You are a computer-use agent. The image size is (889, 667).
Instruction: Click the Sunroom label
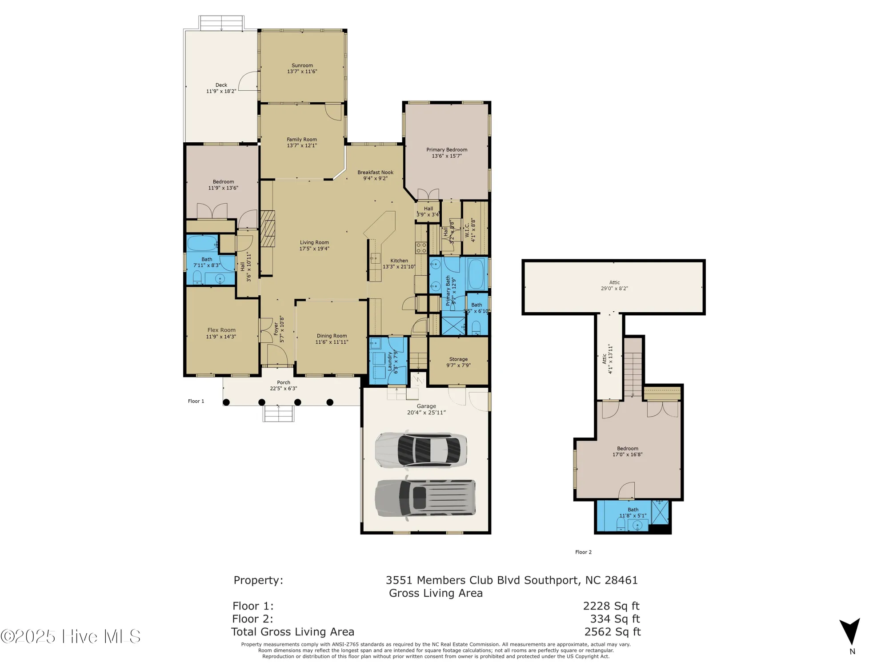click(x=302, y=65)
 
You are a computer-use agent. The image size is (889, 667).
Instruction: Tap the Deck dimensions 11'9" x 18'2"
click(x=221, y=91)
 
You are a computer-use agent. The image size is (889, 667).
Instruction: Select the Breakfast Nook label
click(x=375, y=172)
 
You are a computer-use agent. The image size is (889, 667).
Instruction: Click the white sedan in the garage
click(x=420, y=450)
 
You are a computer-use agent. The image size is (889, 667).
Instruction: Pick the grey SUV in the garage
click(x=425, y=498)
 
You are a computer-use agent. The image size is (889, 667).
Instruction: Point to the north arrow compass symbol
click(x=849, y=631)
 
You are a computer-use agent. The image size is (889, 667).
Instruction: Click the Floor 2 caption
click(x=583, y=552)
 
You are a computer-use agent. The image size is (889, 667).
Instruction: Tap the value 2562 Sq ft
click(x=612, y=631)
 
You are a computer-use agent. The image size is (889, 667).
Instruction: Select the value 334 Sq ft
click(x=615, y=619)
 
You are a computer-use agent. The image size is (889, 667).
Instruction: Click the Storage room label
click(x=458, y=359)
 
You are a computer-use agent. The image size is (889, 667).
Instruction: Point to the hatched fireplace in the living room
click(x=268, y=229)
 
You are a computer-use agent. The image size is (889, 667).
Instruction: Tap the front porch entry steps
click(x=279, y=414)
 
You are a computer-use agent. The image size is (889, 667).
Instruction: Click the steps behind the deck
click(x=221, y=23)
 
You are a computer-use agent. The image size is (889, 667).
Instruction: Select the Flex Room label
click(x=221, y=330)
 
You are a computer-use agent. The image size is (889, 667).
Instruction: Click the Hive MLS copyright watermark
click(x=71, y=636)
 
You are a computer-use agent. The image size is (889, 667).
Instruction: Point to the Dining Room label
click(x=332, y=336)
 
